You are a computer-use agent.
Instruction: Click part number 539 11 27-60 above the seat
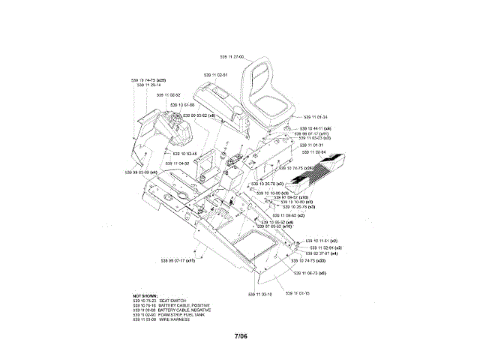click(x=232, y=56)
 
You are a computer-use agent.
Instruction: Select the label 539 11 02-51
click(x=215, y=74)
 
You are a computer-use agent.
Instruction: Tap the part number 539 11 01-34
click(x=316, y=117)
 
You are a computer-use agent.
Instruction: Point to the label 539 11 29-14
click(x=148, y=85)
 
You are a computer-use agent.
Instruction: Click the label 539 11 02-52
click(x=169, y=95)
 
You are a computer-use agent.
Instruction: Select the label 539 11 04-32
click(x=177, y=162)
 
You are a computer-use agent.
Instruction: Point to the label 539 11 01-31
click(x=313, y=145)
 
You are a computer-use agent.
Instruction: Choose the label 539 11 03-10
click(x=259, y=294)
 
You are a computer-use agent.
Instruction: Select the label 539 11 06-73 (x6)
click(x=310, y=273)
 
